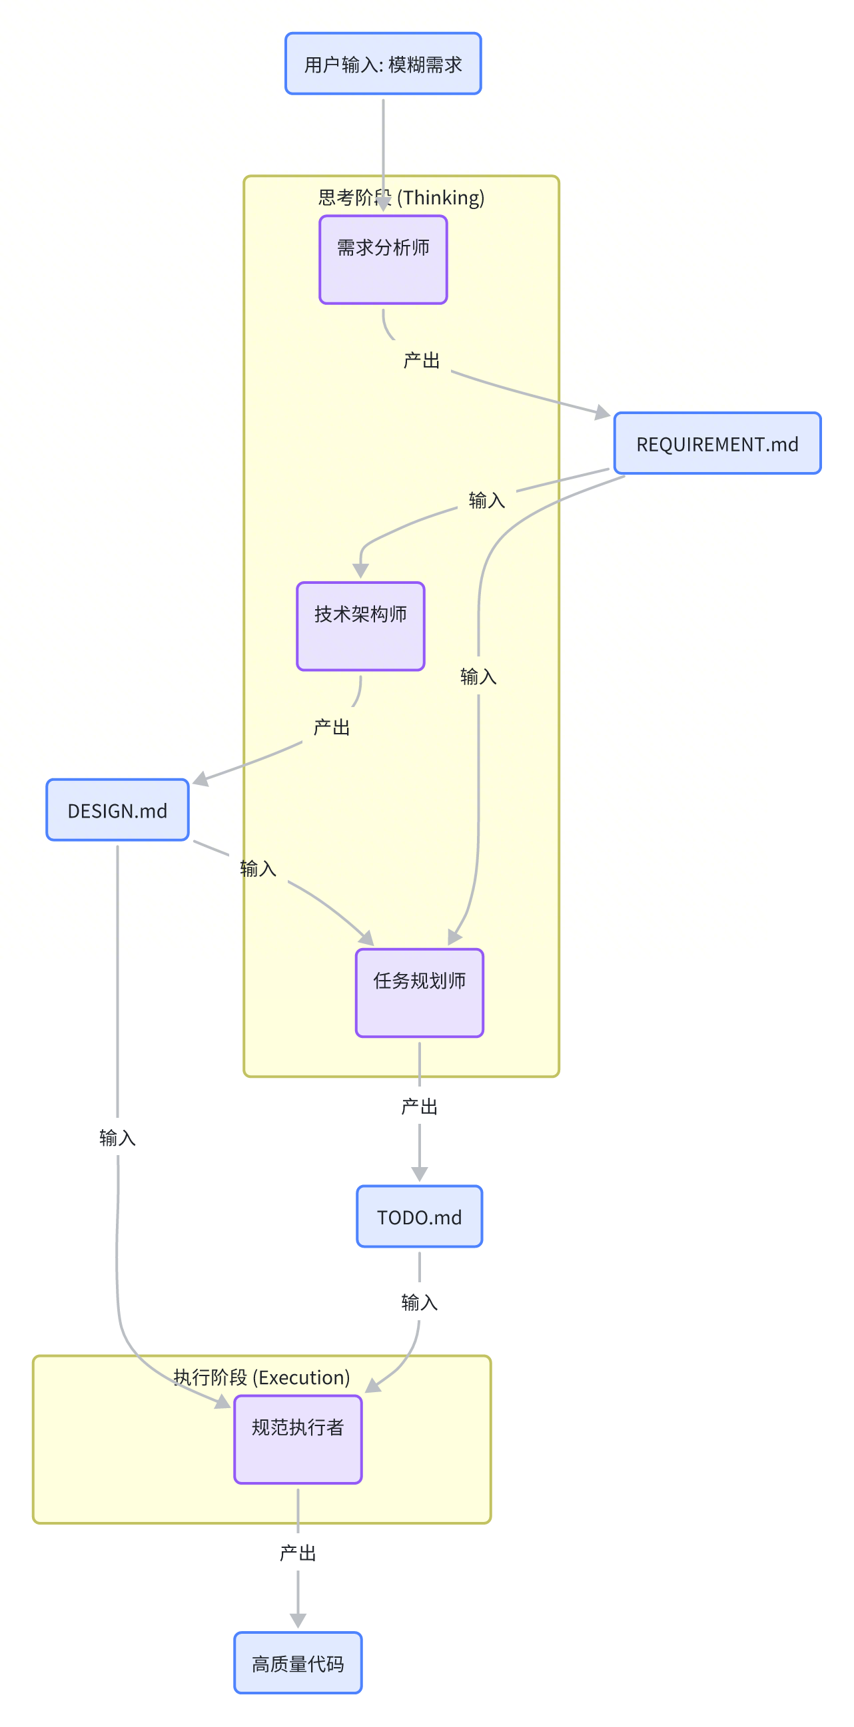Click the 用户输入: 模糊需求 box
(x=383, y=64)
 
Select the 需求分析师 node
(x=383, y=260)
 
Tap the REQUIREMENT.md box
(x=717, y=444)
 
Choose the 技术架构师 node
(x=360, y=626)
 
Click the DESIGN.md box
(x=117, y=810)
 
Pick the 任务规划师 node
(x=419, y=993)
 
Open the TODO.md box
(x=419, y=1217)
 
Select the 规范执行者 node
(x=298, y=1439)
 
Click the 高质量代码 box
(x=298, y=1663)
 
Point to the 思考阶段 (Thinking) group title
(x=401, y=198)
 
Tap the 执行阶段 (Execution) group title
(x=262, y=1377)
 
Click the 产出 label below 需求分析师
(x=421, y=361)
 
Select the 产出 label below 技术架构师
(x=331, y=728)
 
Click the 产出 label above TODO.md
(x=419, y=1107)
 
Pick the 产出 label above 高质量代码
(x=298, y=1553)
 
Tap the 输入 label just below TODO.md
(x=419, y=1303)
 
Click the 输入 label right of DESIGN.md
(x=258, y=869)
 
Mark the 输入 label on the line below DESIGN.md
(x=117, y=1138)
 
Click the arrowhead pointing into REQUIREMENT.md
(x=602, y=412)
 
